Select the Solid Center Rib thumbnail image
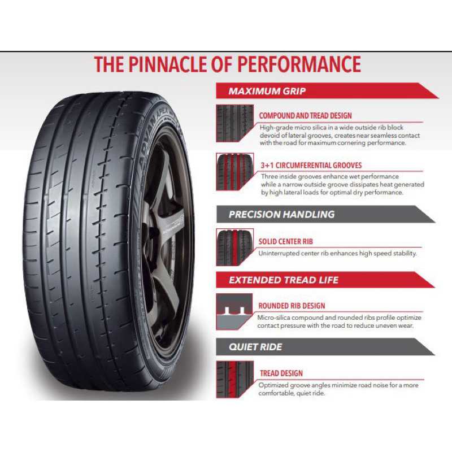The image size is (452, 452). [234, 247]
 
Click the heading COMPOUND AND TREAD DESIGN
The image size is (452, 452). [306, 116]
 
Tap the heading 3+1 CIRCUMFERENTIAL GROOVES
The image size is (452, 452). [311, 166]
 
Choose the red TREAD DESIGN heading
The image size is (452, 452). [281, 373]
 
